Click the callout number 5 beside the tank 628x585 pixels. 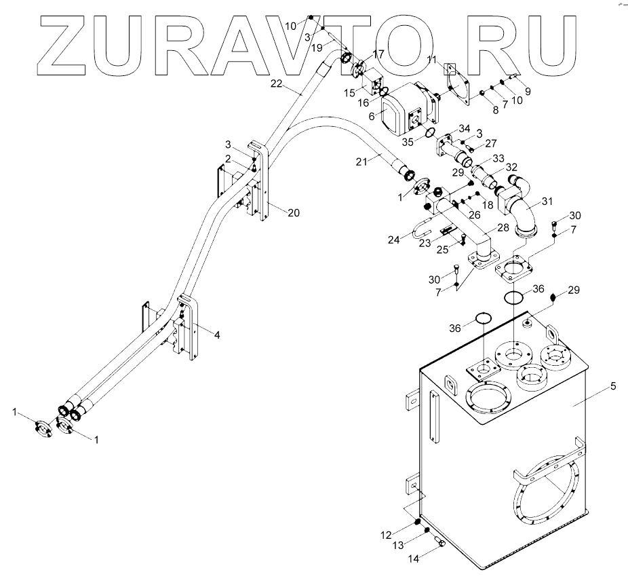(x=612, y=387)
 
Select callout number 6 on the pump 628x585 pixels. (x=372, y=116)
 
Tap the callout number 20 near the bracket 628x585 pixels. (x=293, y=212)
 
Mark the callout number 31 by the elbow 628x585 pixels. (x=546, y=201)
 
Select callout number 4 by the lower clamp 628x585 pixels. (x=217, y=335)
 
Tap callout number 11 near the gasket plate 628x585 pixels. (x=431, y=61)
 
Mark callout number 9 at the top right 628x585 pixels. (x=527, y=90)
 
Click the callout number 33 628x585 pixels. (x=498, y=158)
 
